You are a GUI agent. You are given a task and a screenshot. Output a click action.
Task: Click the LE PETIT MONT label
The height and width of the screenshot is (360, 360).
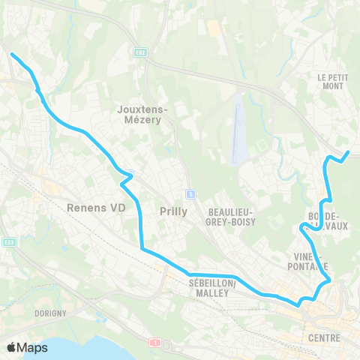pos(330,81)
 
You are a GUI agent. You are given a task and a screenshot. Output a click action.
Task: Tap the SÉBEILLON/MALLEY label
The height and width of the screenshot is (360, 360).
pos(213,288)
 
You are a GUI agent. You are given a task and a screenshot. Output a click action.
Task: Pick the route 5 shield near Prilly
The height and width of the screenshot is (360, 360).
pos(191,194)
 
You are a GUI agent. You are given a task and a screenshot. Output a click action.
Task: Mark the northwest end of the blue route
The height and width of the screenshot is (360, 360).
pos(11,53)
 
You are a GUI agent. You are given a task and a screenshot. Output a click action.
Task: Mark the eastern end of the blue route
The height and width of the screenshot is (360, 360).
pos(348,153)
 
